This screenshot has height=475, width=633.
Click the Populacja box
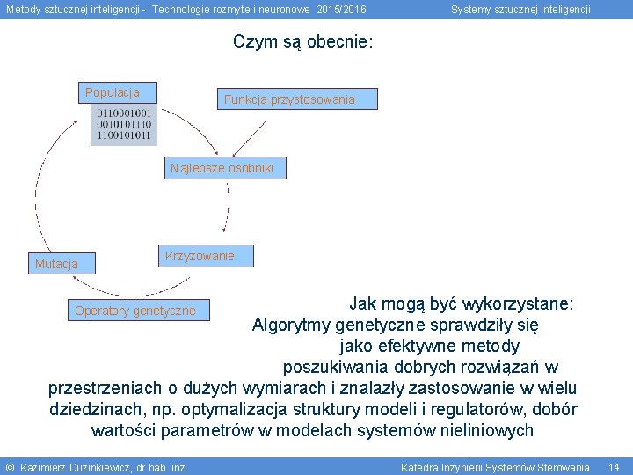point(112,92)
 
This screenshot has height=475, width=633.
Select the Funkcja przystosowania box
point(289,99)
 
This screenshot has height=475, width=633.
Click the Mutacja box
point(56,264)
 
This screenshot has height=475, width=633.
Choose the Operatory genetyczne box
point(135,311)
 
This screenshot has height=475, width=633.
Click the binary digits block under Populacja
point(124,125)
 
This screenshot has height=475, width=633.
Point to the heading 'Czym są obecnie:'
point(303,41)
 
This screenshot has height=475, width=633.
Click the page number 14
point(614,467)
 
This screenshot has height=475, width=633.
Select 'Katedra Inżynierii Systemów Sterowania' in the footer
point(495,467)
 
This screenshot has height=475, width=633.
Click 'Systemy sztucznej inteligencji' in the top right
point(520,10)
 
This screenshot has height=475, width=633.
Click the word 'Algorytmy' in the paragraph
point(290,325)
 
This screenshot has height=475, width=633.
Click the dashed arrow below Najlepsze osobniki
point(229,207)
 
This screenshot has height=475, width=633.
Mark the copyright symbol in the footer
point(10,467)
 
